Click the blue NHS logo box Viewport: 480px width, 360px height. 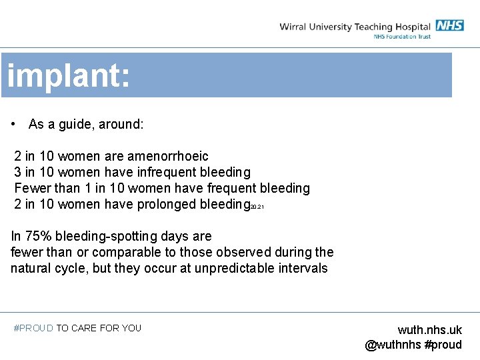tap(449, 25)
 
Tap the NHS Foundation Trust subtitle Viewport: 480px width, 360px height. tap(402, 37)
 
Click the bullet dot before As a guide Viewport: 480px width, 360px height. tap(14, 125)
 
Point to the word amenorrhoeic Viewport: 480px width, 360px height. tap(172, 156)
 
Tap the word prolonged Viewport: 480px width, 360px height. tap(166, 204)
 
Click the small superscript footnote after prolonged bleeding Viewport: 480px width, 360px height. tap(257, 207)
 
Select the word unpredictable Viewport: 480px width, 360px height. tap(232, 268)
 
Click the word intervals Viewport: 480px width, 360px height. tap(303, 268)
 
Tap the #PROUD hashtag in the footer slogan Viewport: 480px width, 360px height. tap(33, 328)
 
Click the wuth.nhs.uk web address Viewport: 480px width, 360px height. tap(429, 330)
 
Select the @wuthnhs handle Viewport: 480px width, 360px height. tap(393, 345)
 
